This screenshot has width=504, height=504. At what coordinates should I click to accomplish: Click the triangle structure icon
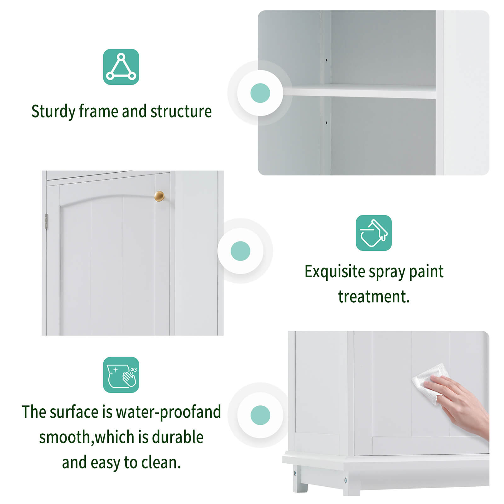121,67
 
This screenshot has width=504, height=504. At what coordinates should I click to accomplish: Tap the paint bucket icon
374,233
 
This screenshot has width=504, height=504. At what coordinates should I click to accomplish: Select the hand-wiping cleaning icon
121,375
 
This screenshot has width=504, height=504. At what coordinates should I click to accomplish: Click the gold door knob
159,196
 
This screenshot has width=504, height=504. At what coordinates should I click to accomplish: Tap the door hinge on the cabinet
47,221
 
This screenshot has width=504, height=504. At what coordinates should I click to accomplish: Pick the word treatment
374,297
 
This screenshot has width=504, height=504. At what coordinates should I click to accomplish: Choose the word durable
178,437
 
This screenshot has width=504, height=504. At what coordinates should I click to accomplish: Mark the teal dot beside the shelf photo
260,93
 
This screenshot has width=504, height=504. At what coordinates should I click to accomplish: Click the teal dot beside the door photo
240,251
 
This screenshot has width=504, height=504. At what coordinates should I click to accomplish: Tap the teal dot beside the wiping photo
260,415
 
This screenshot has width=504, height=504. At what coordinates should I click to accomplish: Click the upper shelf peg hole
327,60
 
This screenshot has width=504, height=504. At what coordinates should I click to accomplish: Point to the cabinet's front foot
300,485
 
